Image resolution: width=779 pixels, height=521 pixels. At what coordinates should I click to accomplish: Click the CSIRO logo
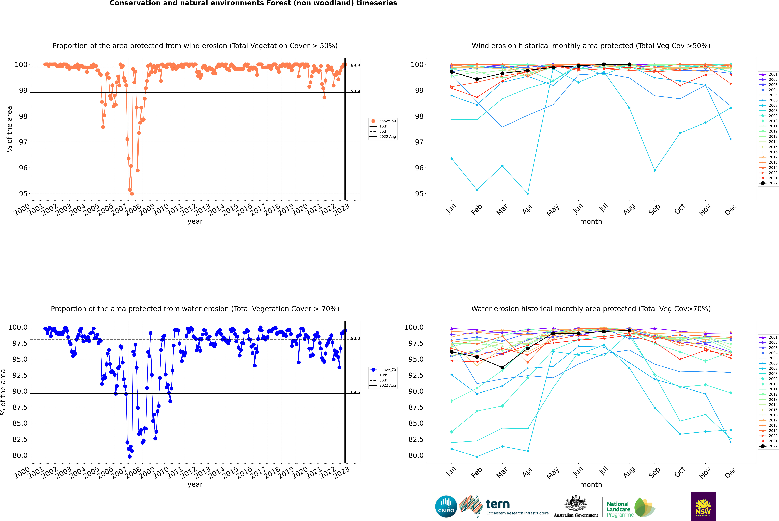point(446,506)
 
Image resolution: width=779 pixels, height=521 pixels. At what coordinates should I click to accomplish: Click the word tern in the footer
point(497,504)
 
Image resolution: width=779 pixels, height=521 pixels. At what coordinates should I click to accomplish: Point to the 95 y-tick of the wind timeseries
point(23,194)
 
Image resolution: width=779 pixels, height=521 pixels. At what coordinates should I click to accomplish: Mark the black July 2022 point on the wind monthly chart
point(604,64)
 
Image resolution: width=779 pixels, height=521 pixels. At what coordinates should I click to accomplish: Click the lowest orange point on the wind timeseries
point(132,194)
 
